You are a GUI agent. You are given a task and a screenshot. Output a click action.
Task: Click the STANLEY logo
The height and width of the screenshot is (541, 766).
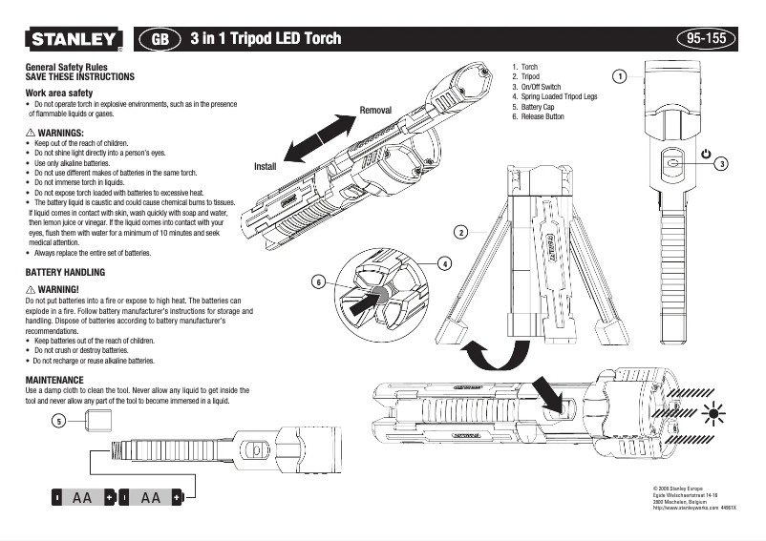click(72, 39)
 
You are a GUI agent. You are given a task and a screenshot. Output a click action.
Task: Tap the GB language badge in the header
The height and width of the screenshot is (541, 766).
click(160, 39)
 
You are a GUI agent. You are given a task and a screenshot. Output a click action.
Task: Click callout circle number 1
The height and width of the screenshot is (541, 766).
click(619, 75)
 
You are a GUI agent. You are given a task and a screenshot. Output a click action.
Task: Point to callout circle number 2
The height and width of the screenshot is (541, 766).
click(460, 232)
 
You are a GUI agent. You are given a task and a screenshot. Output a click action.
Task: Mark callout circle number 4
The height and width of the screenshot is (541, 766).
click(445, 262)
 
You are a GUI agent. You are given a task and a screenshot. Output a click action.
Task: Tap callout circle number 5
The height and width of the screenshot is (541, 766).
click(59, 420)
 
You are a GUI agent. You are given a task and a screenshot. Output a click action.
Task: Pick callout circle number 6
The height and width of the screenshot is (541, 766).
click(319, 281)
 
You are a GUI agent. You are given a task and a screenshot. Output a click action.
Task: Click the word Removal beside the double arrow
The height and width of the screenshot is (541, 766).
click(375, 111)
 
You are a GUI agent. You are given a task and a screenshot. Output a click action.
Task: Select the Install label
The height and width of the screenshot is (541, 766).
click(265, 166)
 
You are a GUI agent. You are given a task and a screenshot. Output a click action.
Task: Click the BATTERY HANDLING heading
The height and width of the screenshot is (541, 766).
click(64, 273)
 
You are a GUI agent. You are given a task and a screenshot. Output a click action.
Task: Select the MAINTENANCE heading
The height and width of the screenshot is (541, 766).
click(57, 380)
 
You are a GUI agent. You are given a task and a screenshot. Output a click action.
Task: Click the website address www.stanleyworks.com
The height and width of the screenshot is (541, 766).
click(684, 509)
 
